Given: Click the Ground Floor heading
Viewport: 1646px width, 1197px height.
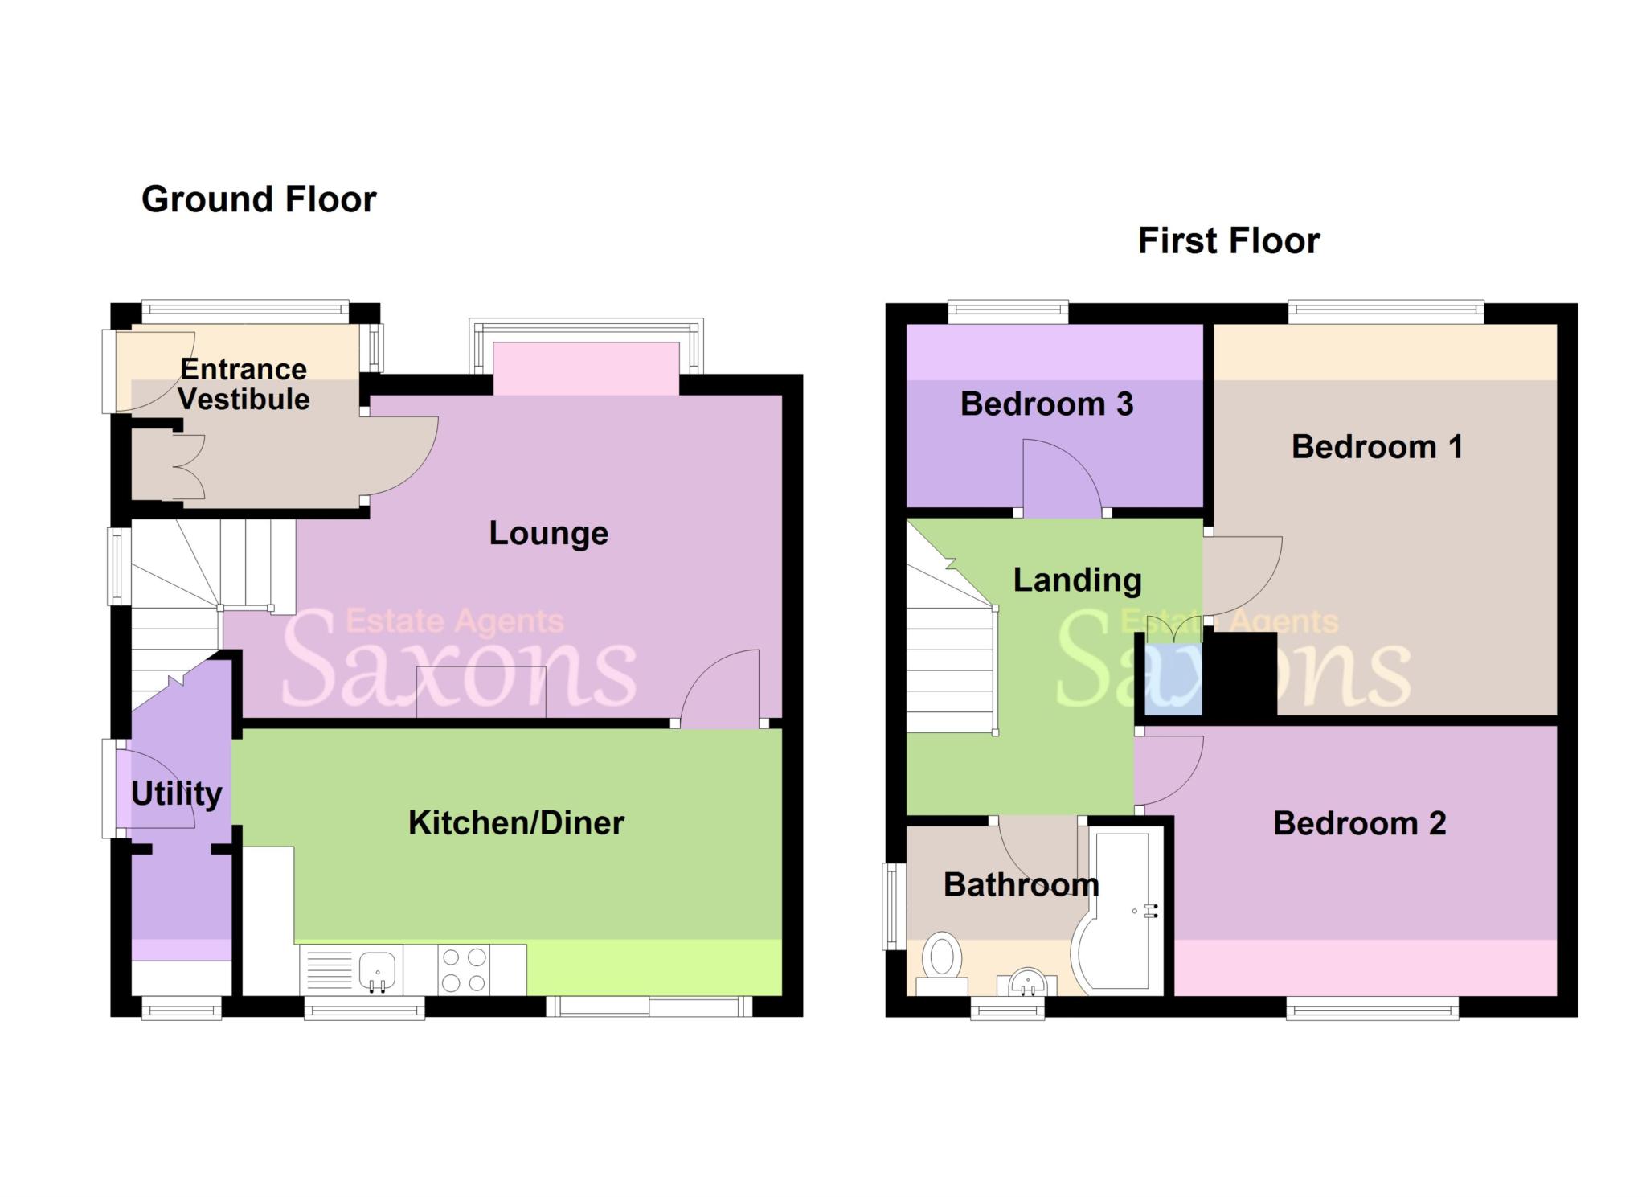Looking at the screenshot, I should pyautogui.click(x=259, y=199).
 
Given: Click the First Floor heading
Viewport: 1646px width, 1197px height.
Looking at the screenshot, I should pyautogui.click(x=1228, y=241).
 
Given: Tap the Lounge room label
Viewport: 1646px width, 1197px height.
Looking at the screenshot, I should pyautogui.click(x=548, y=533).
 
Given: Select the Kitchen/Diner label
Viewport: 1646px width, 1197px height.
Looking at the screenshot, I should pyautogui.click(x=516, y=822).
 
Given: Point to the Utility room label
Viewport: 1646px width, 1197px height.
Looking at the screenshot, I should pyautogui.click(x=176, y=793).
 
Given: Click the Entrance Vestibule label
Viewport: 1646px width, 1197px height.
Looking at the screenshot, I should pyautogui.click(x=244, y=384).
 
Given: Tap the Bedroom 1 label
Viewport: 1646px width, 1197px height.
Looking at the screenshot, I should pyautogui.click(x=1377, y=447).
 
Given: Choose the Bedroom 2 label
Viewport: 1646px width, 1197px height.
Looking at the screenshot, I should pyautogui.click(x=1359, y=823).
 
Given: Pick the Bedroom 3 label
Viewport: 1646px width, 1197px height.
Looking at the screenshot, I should pyautogui.click(x=1046, y=404).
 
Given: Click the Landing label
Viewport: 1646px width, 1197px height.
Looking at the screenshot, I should pyautogui.click(x=1077, y=580).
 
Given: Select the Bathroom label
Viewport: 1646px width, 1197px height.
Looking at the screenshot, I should pyautogui.click(x=1021, y=884).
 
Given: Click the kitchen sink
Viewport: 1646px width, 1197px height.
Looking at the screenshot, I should pyautogui.click(x=377, y=969).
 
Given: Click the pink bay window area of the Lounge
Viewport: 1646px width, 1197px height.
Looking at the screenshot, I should pyautogui.click(x=586, y=368).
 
